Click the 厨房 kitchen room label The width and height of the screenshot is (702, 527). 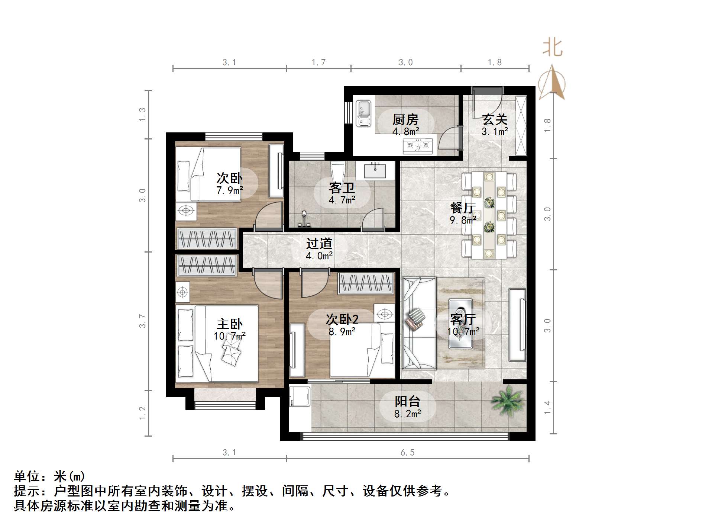[x=405, y=119]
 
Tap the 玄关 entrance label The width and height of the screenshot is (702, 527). [x=495, y=119]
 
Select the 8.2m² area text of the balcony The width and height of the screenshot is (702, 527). [x=408, y=414]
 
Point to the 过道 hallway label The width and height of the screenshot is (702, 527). [x=319, y=244]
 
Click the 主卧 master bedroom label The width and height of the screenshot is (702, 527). [x=230, y=324]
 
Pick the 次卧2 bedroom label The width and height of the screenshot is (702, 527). [x=342, y=319]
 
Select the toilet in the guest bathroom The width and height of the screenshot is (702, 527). [x=338, y=171]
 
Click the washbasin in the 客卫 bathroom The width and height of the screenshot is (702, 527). [x=375, y=171]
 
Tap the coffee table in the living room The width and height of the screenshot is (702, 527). [x=461, y=324]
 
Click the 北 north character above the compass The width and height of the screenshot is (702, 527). [x=553, y=48]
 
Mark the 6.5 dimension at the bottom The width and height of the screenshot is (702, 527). [x=407, y=453]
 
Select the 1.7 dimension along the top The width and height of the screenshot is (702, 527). [x=318, y=62]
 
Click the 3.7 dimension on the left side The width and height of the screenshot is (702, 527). [x=142, y=321]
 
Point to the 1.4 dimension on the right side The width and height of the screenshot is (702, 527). [x=547, y=407]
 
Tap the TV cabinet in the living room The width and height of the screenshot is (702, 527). [x=517, y=324]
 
